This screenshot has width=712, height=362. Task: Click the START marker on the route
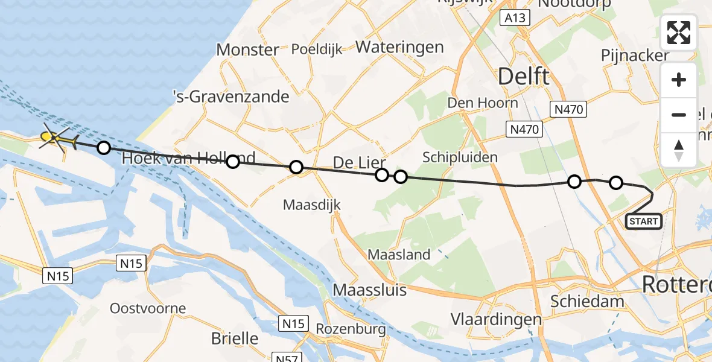coord(644,221)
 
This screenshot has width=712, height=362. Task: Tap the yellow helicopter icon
coord(57,139)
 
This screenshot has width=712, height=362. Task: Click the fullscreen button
coord(679,33)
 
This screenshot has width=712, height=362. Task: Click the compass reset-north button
coord(679,150)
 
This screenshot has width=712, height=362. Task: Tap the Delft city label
coord(523,77)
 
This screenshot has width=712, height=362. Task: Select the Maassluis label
coord(370,290)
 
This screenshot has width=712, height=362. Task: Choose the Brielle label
coord(235,338)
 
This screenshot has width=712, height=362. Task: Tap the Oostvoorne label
coord(148,308)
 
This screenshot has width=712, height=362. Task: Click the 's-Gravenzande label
coord(230,96)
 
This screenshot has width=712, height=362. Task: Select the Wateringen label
coord(399,47)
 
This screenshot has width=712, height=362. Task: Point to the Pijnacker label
coord(635,56)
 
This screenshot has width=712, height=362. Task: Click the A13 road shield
coord(515,18)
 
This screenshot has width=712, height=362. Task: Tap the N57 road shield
coord(286,357)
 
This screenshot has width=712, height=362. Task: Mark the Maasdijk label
coord(312,205)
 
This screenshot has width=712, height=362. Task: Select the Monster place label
coord(247,49)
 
